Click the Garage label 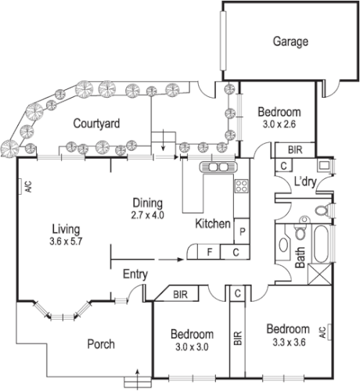(289, 42)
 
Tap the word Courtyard (95, 124)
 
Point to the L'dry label (304, 182)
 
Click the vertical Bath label (301, 258)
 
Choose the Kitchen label (213, 224)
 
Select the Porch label (100, 343)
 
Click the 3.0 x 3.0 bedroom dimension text (192, 348)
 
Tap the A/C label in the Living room (27, 187)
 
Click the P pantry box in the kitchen (243, 232)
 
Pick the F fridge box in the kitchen (209, 252)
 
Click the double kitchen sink (217, 167)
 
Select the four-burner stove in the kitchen (242, 186)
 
